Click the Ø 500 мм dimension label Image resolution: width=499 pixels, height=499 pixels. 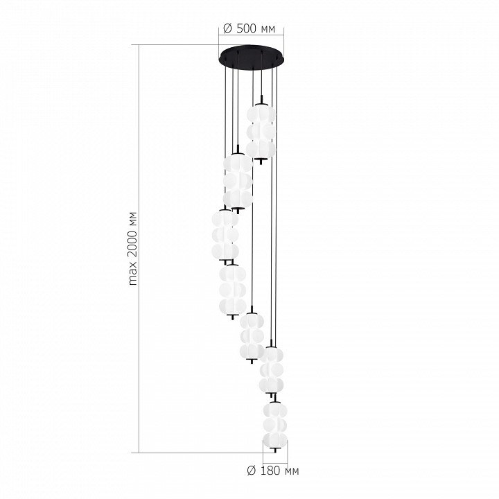point(249,28)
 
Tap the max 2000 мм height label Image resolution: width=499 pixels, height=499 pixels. point(133,248)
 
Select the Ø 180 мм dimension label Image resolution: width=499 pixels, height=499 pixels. point(273,471)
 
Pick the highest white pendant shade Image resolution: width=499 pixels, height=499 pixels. point(261,132)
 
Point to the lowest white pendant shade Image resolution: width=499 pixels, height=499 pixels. point(275,425)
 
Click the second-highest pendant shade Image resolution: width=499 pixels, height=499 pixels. point(238,181)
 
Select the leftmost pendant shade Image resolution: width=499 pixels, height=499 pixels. point(225,235)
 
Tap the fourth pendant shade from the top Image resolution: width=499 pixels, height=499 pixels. point(233,290)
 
